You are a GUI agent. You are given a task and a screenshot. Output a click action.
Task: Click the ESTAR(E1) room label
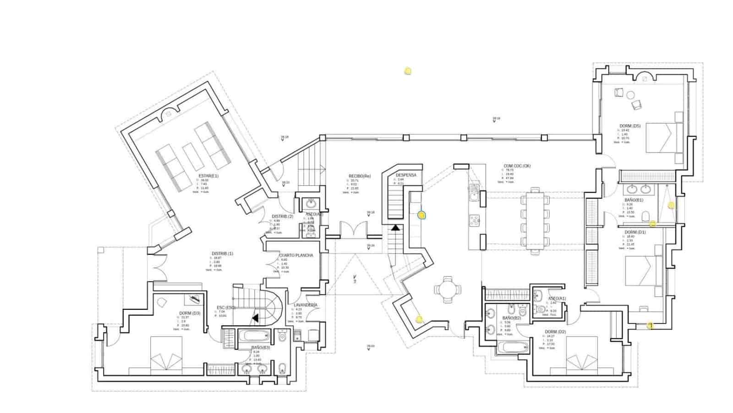point(208,176)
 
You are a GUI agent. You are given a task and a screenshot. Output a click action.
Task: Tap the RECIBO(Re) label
point(360,176)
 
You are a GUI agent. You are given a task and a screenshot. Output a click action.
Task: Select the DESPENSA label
point(406,175)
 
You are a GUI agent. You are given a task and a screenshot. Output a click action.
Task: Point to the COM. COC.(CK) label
point(517,166)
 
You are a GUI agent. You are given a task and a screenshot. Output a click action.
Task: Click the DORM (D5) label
point(630,126)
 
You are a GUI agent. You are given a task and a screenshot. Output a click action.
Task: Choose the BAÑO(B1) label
point(634,200)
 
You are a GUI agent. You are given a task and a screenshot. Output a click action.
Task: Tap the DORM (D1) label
point(635,232)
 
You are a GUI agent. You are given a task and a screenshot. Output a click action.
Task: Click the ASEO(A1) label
point(557,298)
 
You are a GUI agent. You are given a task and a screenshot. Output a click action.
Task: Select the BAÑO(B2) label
point(512,318)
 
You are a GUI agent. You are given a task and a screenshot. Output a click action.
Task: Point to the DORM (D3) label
point(190,313)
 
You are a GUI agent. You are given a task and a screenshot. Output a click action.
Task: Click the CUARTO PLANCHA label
point(296,255)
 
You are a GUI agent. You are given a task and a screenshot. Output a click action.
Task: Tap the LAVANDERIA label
point(306,305)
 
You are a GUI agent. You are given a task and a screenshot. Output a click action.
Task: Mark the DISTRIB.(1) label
point(222,254)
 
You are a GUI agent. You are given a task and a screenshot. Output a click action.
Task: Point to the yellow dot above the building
point(407,71)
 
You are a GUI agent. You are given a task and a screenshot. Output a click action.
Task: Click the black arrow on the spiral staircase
point(255,317)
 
